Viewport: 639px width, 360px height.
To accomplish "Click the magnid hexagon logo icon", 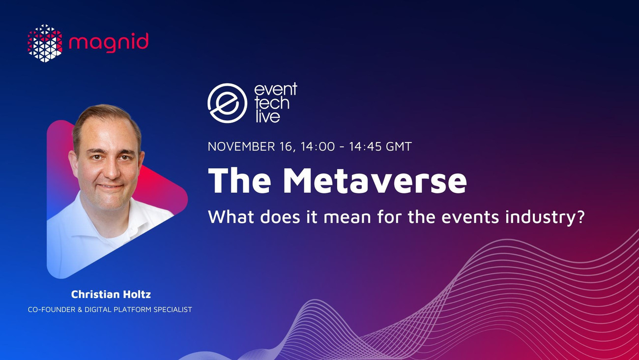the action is click(x=45, y=43).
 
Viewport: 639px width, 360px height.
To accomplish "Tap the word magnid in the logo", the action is click(x=109, y=42).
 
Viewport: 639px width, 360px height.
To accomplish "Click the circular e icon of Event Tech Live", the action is click(x=228, y=103).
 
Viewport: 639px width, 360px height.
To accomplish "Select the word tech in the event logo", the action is click(x=272, y=103).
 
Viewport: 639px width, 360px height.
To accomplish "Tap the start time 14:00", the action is click(x=318, y=147).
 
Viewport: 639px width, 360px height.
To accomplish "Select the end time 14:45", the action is click(x=366, y=147).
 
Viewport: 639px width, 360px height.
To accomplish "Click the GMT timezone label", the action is click(x=399, y=147).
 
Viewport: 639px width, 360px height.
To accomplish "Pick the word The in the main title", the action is click(x=240, y=180).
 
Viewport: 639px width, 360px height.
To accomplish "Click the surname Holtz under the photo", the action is click(x=138, y=294).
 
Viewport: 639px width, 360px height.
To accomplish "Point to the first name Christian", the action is click(x=95, y=294).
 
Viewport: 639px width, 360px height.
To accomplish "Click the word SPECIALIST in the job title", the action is click(x=173, y=309).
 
